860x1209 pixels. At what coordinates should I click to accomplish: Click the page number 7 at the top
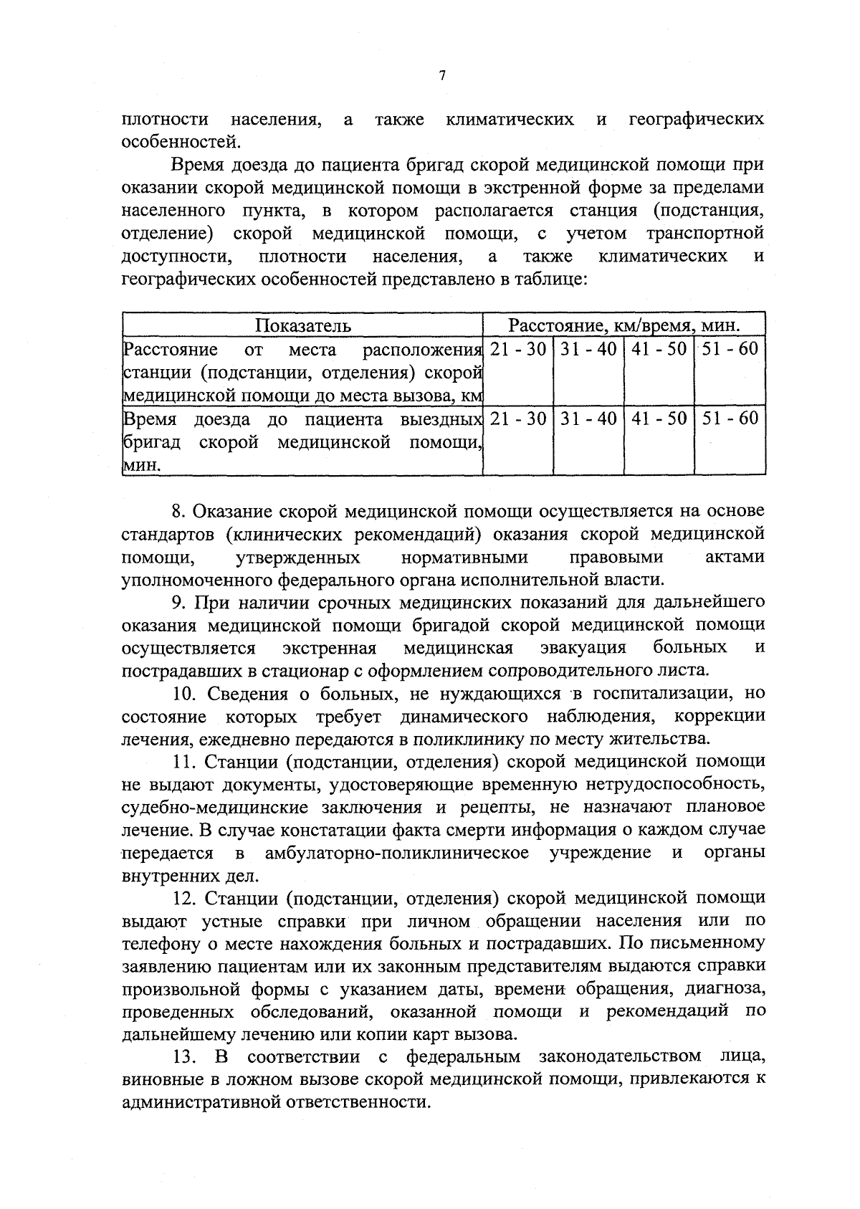click(x=442, y=76)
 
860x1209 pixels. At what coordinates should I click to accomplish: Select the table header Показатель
click(x=304, y=326)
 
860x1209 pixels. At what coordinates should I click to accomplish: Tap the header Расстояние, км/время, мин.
click(x=623, y=326)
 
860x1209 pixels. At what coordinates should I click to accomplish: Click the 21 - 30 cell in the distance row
click(x=518, y=350)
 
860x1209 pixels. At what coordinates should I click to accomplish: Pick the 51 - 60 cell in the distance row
click(x=730, y=350)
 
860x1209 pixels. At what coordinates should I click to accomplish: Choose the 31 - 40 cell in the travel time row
click(x=588, y=419)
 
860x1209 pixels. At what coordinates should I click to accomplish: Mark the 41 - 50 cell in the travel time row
click(x=659, y=419)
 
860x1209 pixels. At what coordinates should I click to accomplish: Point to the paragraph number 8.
click(x=178, y=512)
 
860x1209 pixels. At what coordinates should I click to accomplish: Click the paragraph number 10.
click(x=184, y=694)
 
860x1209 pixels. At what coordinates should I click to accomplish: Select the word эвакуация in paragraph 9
click(x=582, y=649)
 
